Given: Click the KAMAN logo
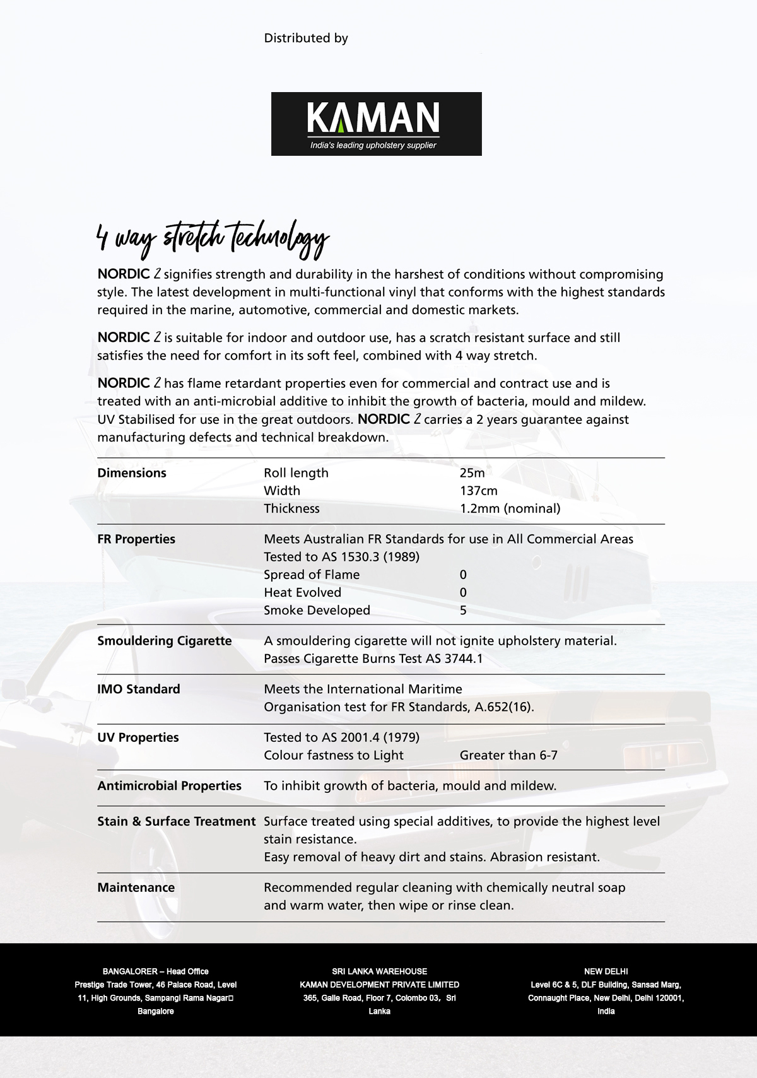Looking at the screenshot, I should pyautogui.click(x=376, y=124).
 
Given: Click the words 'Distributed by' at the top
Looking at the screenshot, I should pyautogui.click(x=306, y=38).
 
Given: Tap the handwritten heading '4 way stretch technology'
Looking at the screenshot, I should pyautogui.click(x=213, y=240).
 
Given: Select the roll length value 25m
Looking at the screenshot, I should pyautogui.click(x=472, y=473).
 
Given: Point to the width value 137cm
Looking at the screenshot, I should pyautogui.click(x=478, y=491).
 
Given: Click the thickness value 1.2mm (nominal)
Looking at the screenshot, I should pyautogui.click(x=510, y=508).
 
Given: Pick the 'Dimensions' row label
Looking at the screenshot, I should pyautogui.click(x=132, y=473).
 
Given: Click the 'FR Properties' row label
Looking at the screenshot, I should pyautogui.click(x=136, y=539).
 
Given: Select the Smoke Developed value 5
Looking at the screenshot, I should pyautogui.click(x=463, y=611).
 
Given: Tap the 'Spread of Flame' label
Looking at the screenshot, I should pyautogui.click(x=312, y=575).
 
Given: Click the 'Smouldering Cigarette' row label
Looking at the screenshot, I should pyautogui.click(x=165, y=641).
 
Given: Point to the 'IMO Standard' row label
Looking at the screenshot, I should pyautogui.click(x=139, y=689).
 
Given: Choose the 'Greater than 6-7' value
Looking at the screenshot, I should pyautogui.click(x=508, y=756).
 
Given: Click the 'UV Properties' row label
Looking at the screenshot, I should pyautogui.click(x=138, y=738).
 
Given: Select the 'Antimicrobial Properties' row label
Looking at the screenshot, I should pyautogui.click(x=169, y=786).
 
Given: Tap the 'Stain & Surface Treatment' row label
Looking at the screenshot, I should pyautogui.click(x=176, y=822).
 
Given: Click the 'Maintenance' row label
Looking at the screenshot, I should pyautogui.click(x=136, y=888).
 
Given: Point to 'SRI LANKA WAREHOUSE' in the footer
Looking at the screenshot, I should pyautogui.click(x=379, y=971).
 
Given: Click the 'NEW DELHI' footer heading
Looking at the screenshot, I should pyautogui.click(x=606, y=971).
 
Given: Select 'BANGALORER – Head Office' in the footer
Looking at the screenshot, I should pyautogui.click(x=155, y=971).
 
